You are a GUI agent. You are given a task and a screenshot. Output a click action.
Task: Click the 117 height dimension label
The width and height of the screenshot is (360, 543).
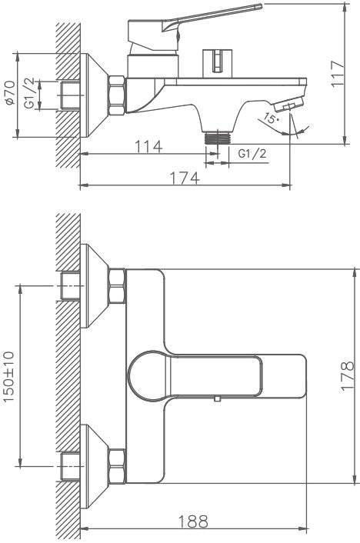click(x=338, y=74)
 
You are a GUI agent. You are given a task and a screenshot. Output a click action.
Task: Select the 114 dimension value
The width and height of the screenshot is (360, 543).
click(x=148, y=146)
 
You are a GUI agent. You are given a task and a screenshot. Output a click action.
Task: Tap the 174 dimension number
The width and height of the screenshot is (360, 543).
click(x=185, y=178)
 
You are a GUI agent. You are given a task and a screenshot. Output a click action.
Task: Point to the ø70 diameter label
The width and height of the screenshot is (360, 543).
click(x=10, y=92)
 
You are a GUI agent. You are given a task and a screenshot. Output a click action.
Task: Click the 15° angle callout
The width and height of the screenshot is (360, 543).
click(x=271, y=118)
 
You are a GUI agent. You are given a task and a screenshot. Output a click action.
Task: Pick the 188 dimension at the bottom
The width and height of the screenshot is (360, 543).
click(x=193, y=521)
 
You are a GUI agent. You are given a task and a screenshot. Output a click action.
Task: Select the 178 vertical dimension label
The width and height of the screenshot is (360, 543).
click(x=347, y=376)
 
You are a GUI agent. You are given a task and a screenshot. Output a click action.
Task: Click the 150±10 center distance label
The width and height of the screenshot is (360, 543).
click(x=8, y=376)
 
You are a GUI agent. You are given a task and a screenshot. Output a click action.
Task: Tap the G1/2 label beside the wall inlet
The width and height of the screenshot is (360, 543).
click(x=30, y=93)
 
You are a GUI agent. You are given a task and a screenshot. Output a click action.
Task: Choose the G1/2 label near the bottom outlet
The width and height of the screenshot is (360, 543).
click(x=252, y=153)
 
